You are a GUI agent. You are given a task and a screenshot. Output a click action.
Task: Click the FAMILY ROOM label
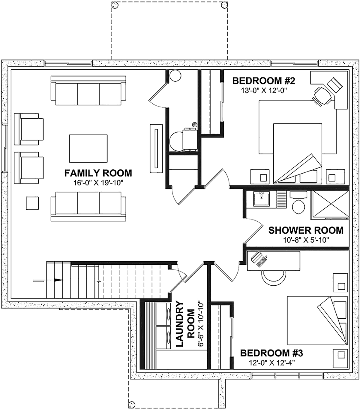pos(98,173)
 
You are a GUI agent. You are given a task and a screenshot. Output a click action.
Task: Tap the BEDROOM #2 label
pos(264,81)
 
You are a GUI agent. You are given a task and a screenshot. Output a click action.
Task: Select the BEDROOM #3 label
pos(271,353)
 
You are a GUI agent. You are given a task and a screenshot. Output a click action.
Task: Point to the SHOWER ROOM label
pos(306,230)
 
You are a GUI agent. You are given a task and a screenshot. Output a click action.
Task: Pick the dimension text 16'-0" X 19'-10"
pos(98,183)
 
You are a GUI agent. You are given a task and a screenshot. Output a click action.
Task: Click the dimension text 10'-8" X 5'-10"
pos(306,240)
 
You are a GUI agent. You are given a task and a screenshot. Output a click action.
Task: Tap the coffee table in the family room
pos(88,149)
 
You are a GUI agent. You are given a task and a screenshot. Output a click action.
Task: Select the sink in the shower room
pos(262,199)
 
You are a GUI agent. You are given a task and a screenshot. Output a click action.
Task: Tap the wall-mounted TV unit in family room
pos(156,149)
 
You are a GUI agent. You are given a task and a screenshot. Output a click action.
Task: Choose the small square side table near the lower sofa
pos(32,203)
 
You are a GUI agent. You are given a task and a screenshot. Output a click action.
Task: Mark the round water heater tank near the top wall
pos(175,75)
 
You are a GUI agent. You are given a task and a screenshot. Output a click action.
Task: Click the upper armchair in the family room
pos(29,129)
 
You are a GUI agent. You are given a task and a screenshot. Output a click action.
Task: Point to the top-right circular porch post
pos(224,5)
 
